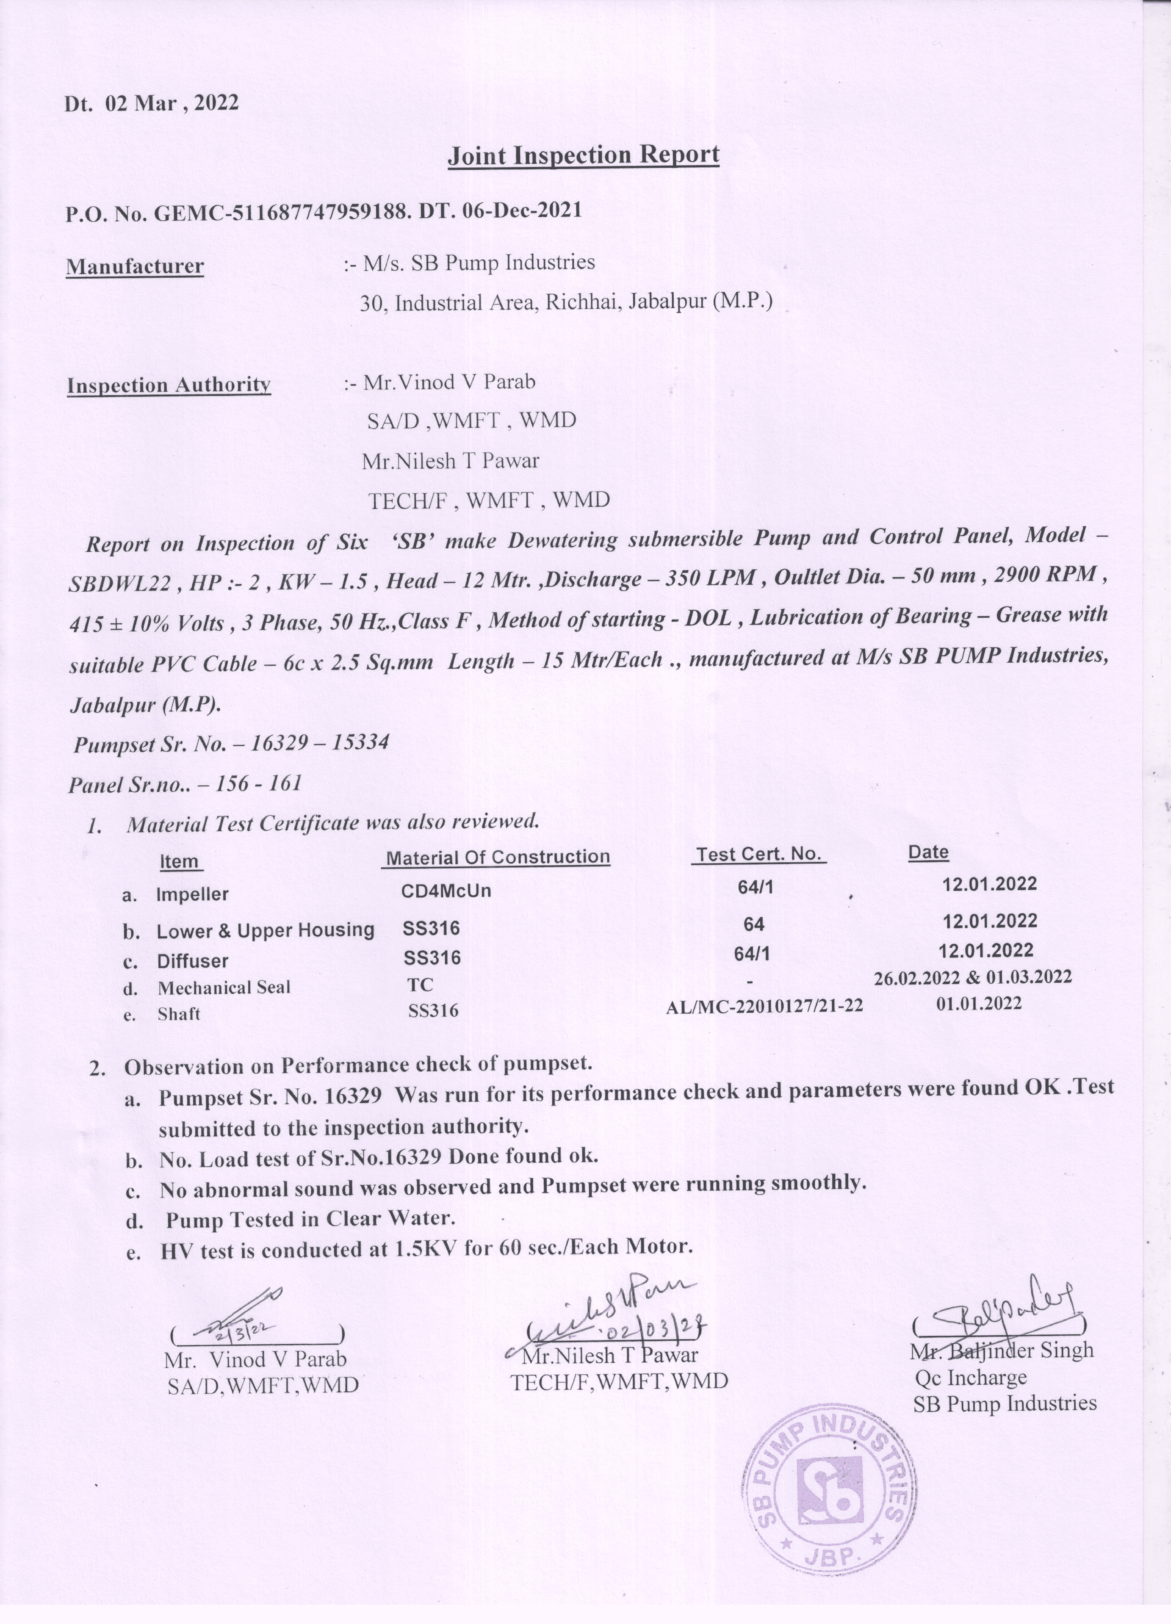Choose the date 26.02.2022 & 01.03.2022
(973, 977)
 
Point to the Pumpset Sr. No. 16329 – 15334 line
(231, 743)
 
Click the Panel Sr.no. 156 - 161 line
(185, 784)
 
